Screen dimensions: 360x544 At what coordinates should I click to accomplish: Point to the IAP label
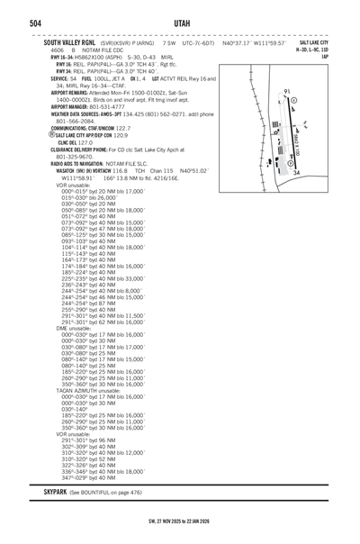(337, 57)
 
